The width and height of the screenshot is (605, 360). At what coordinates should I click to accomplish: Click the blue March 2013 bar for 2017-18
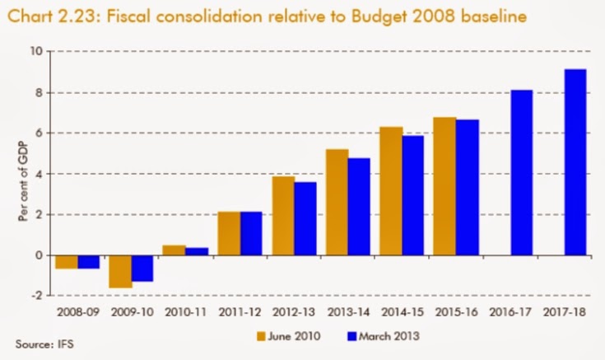575,162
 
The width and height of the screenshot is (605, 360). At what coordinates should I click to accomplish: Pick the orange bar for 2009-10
121,271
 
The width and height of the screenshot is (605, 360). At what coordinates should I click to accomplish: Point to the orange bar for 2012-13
283,216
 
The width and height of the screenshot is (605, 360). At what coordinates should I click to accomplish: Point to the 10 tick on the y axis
35,51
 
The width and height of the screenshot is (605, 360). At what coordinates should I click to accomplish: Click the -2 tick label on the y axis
35,296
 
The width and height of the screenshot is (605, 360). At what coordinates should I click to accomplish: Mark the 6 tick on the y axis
37,133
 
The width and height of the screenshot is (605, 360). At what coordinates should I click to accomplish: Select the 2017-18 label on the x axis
564,314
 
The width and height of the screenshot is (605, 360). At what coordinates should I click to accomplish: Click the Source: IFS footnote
39,341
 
